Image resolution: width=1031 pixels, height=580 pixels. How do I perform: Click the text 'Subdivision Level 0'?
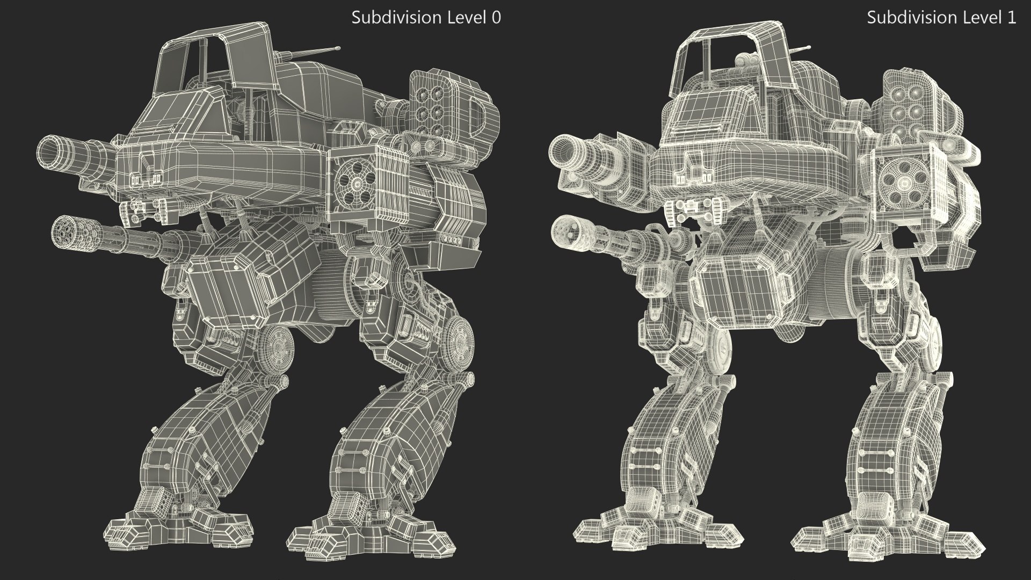[426, 18]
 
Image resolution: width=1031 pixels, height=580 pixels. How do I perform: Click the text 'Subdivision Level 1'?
[941, 18]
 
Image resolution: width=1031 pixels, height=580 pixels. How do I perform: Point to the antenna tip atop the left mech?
[338, 48]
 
